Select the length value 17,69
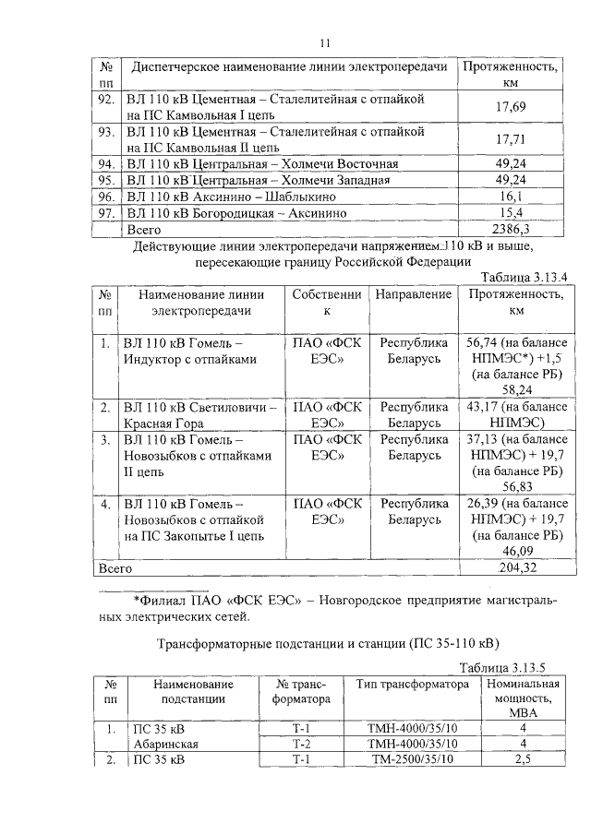(x=511, y=107)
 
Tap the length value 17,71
(x=511, y=139)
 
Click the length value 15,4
(x=511, y=213)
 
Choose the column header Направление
(x=414, y=294)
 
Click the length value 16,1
(x=511, y=197)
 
